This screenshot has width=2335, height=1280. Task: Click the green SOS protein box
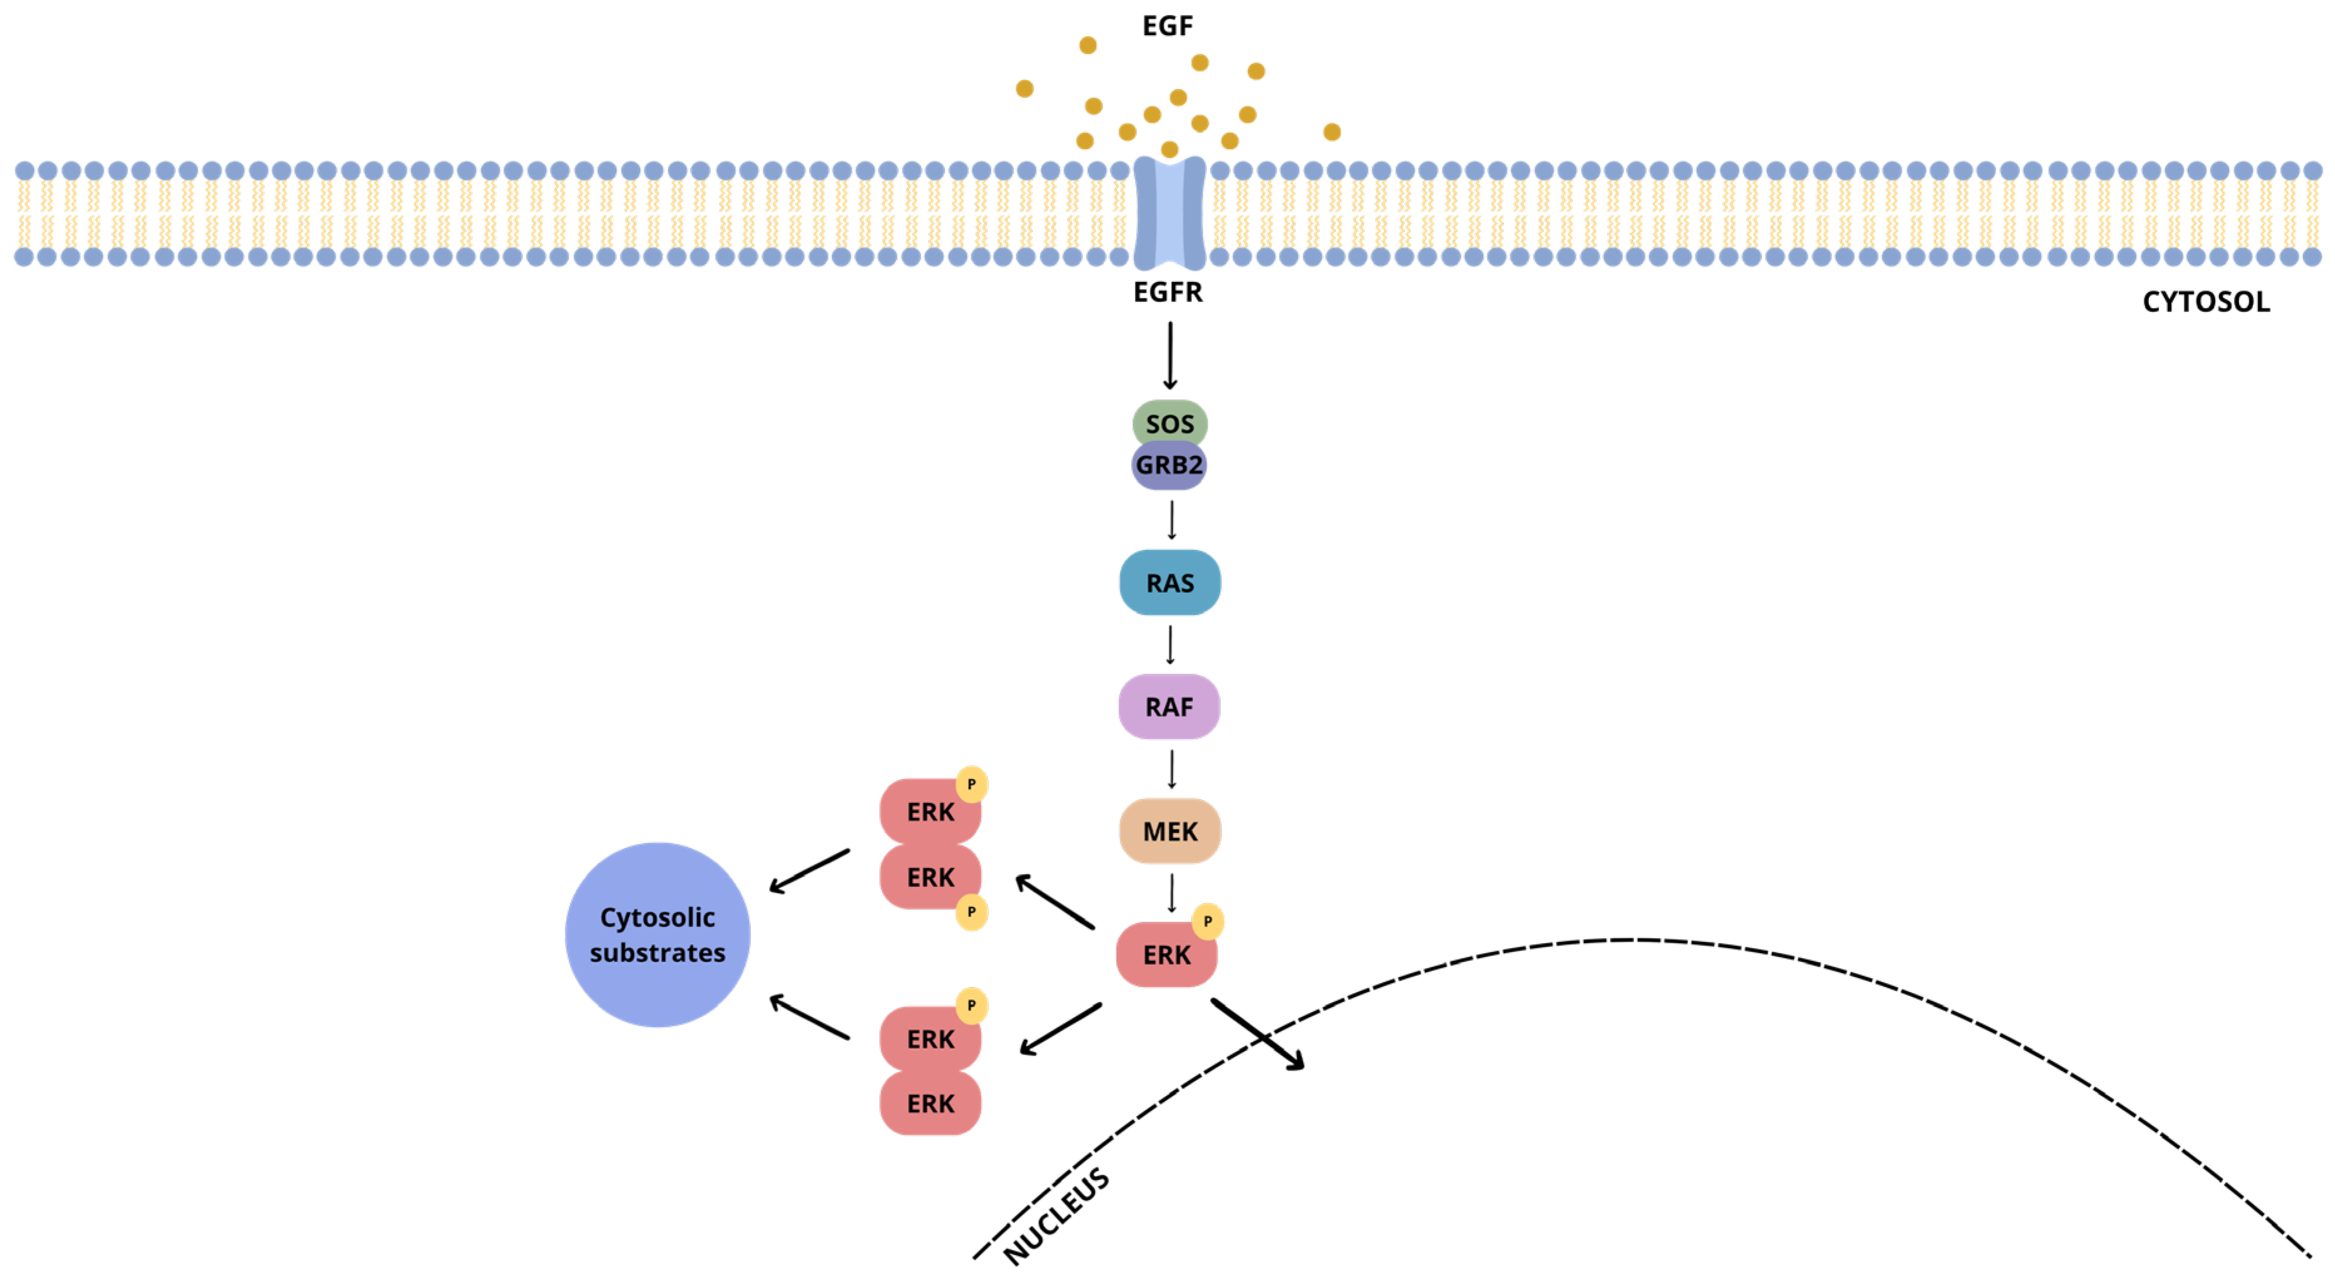point(1169,423)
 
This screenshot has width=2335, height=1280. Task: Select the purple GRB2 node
point(1169,466)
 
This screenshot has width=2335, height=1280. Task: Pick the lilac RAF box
point(1169,706)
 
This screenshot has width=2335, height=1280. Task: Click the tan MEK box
point(1169,830)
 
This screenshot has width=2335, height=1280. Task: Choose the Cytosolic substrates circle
point(657,934)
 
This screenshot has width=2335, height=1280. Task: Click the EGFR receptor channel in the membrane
point(1169,213)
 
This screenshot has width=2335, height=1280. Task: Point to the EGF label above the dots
point(1167,26)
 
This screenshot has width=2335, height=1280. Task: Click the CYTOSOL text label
point(2206,302)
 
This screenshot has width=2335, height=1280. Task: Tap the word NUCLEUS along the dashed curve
point(1057,1215)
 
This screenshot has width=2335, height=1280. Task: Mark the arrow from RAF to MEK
point(1171,769)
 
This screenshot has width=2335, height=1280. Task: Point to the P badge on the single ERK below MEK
point(1208,921)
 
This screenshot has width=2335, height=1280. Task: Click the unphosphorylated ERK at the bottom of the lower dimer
point(930,1103)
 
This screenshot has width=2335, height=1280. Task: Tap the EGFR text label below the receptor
point(1167,292)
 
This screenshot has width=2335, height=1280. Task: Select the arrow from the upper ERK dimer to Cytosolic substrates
point(809,871)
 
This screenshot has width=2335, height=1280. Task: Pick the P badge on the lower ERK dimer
point(971,1005)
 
